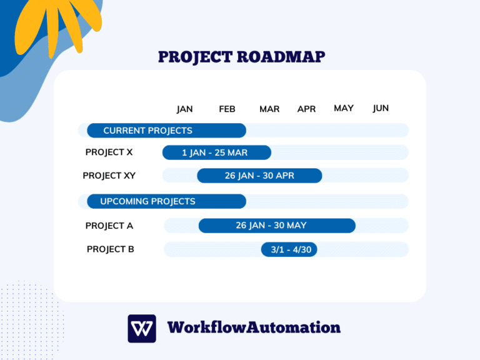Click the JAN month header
click(x=184, y=109)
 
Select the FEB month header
click(x=227, y=109)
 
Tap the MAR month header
click(x=269, y=109)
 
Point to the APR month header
click(x=306, y=109)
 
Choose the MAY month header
click(x=344, y=108)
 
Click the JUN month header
click(x=381, y=108)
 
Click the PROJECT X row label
click(x=109, y=152)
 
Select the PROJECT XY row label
click(x=109, y=176)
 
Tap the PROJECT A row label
click(x=109, y=226)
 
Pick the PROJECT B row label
click(x=111, y=249)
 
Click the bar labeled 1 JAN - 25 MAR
click(x=216, y=152)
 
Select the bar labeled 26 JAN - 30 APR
click(x=259, y=176)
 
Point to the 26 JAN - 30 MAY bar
click(x=277, y=226)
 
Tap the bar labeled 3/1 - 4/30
click(x=290, y=249)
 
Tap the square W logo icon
click(x=142, y=328)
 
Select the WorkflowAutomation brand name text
click(x=254, y=327)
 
